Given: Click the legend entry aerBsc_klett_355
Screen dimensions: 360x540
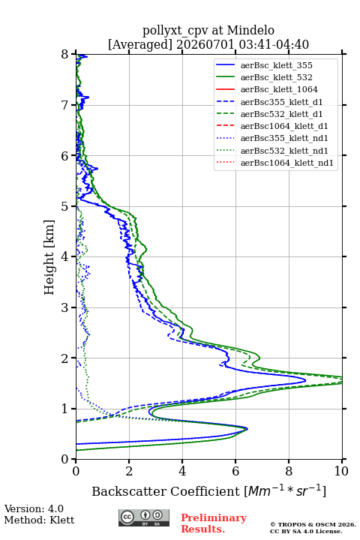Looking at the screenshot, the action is coord(276,65).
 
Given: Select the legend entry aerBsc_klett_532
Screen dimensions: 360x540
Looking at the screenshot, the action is coord(276,77).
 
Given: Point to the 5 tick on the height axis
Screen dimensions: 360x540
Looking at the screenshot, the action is coord(73,206).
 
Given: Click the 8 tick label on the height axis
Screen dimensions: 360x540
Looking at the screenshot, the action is coord(65,54).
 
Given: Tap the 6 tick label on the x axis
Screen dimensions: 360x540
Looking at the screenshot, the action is coord(235,471).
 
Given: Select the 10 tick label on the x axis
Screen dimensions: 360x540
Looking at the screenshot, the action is coord(341,471).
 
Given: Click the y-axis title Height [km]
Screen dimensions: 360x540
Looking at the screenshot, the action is coord(49,257).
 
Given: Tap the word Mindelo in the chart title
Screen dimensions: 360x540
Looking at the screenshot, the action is coord(250,30).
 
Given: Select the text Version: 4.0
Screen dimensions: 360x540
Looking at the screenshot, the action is coord(34,508).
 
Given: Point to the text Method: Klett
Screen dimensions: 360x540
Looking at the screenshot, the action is coord(39,520).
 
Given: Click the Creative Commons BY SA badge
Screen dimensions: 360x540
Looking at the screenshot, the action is coord(144,517).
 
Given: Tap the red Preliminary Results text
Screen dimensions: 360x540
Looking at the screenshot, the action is coord(214,523).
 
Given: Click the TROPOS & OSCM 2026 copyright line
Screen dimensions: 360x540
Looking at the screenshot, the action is coord(313,524).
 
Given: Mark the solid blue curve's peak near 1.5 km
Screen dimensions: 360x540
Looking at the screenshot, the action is coord(305,380).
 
